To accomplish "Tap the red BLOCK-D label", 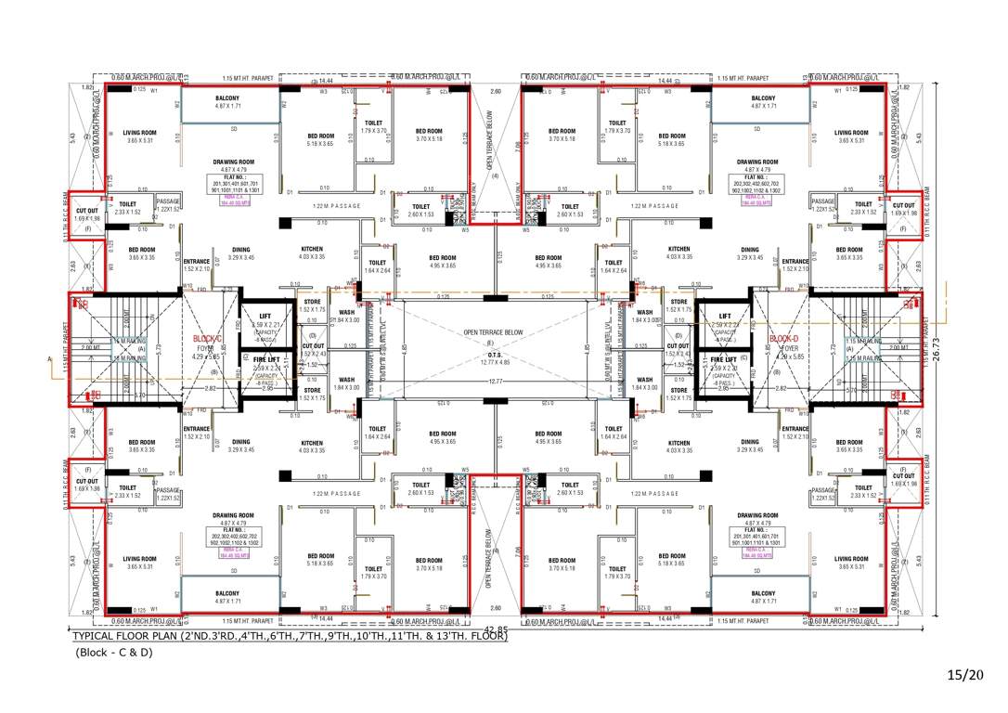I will [784, 339].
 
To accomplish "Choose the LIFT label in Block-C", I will [265, 316].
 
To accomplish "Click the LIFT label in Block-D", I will [725, 316].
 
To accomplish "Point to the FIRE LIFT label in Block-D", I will [725, 359].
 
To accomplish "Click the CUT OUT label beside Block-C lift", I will [313, 345].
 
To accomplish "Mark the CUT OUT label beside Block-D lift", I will [678, 346].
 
